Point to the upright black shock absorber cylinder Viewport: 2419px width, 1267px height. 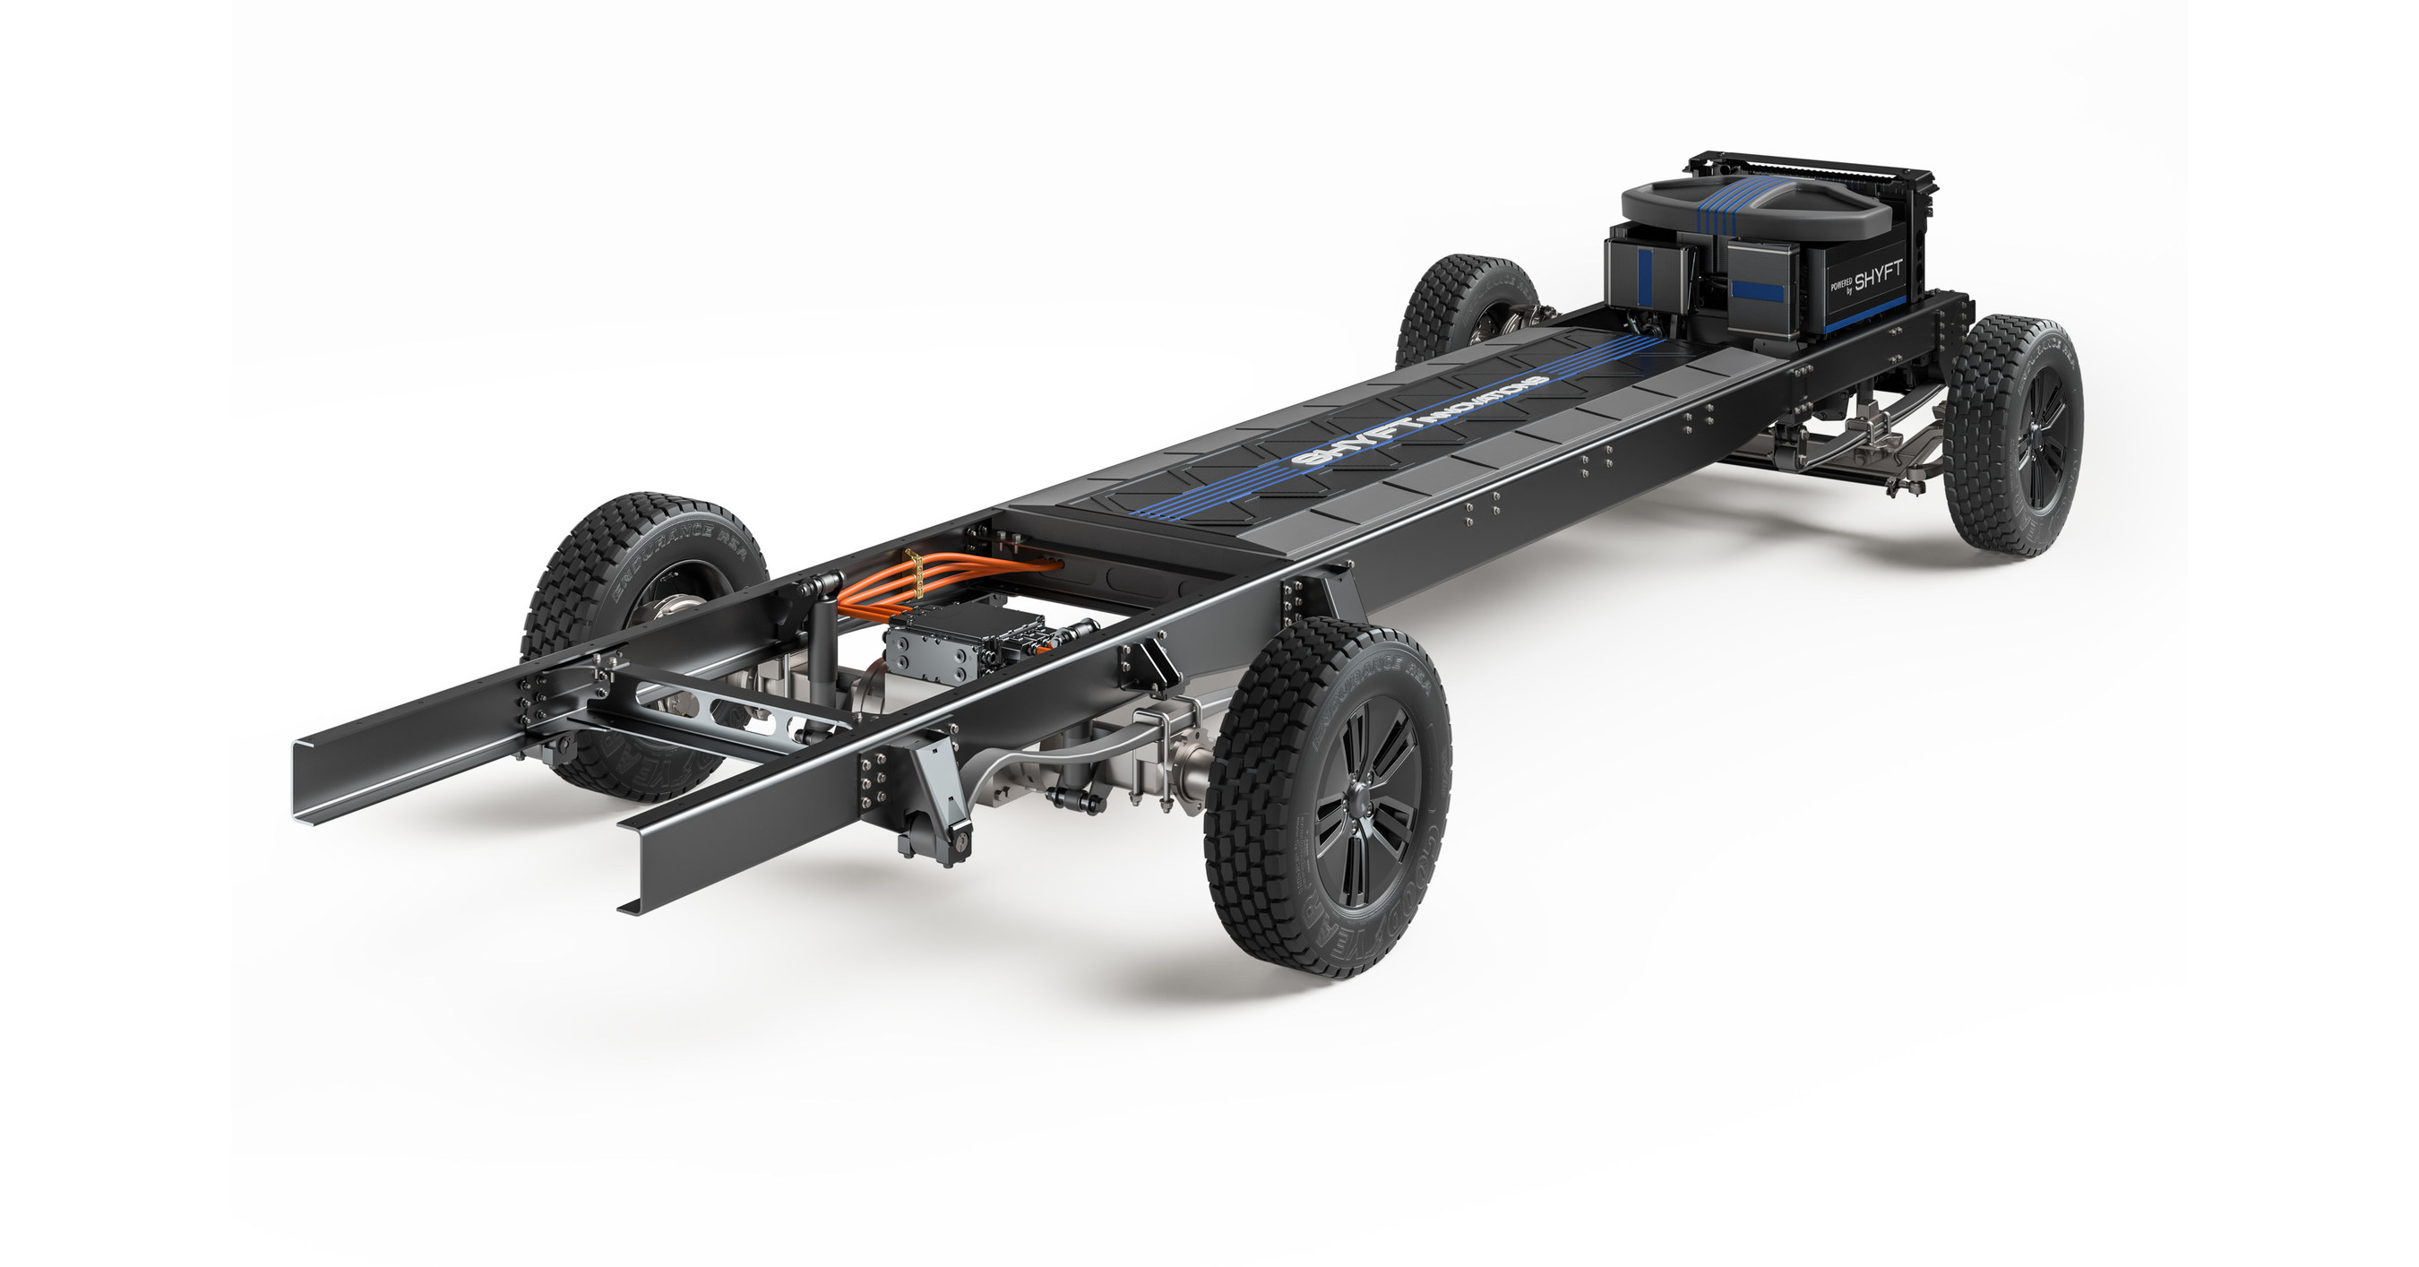coord(817,648)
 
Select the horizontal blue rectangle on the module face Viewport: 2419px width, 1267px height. coord(1757,290)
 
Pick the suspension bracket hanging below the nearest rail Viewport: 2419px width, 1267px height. coord(930,807)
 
